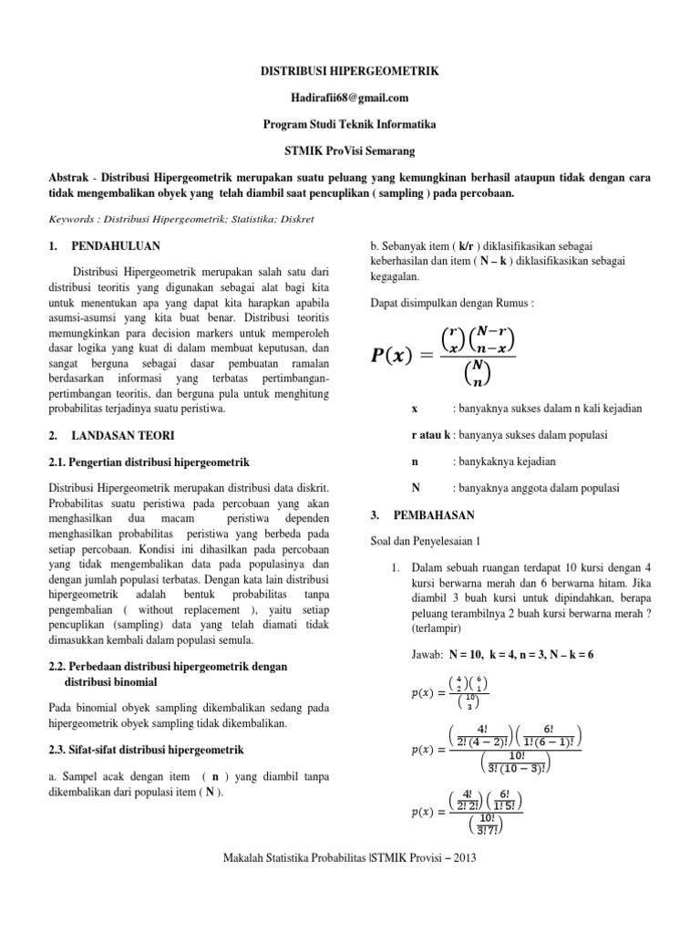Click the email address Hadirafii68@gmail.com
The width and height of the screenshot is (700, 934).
[350, 98]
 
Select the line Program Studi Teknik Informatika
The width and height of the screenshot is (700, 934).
[350, 124]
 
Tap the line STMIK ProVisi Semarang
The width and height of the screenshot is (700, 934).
[350, 150]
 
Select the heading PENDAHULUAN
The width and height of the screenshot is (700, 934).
[116, 245]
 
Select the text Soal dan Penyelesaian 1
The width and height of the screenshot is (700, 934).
[425, 541]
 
